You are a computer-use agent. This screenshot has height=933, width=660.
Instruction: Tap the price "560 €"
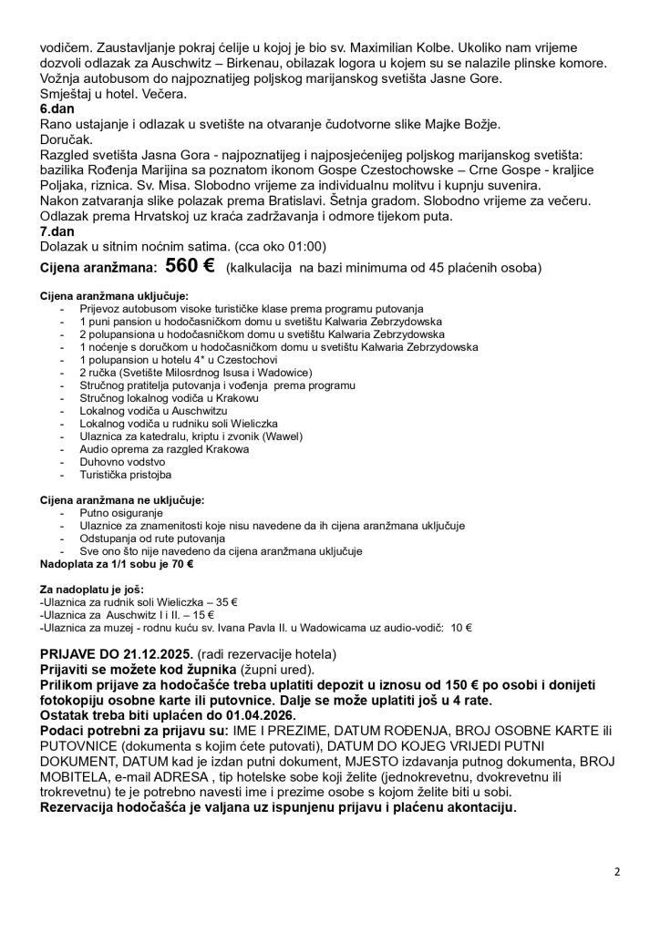point(190,267)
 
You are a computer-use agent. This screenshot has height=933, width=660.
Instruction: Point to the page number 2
point(617,871)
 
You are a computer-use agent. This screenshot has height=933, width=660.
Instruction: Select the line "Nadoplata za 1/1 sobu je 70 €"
point(117,564)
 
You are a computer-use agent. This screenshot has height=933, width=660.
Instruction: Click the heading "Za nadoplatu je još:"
point(91,590)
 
